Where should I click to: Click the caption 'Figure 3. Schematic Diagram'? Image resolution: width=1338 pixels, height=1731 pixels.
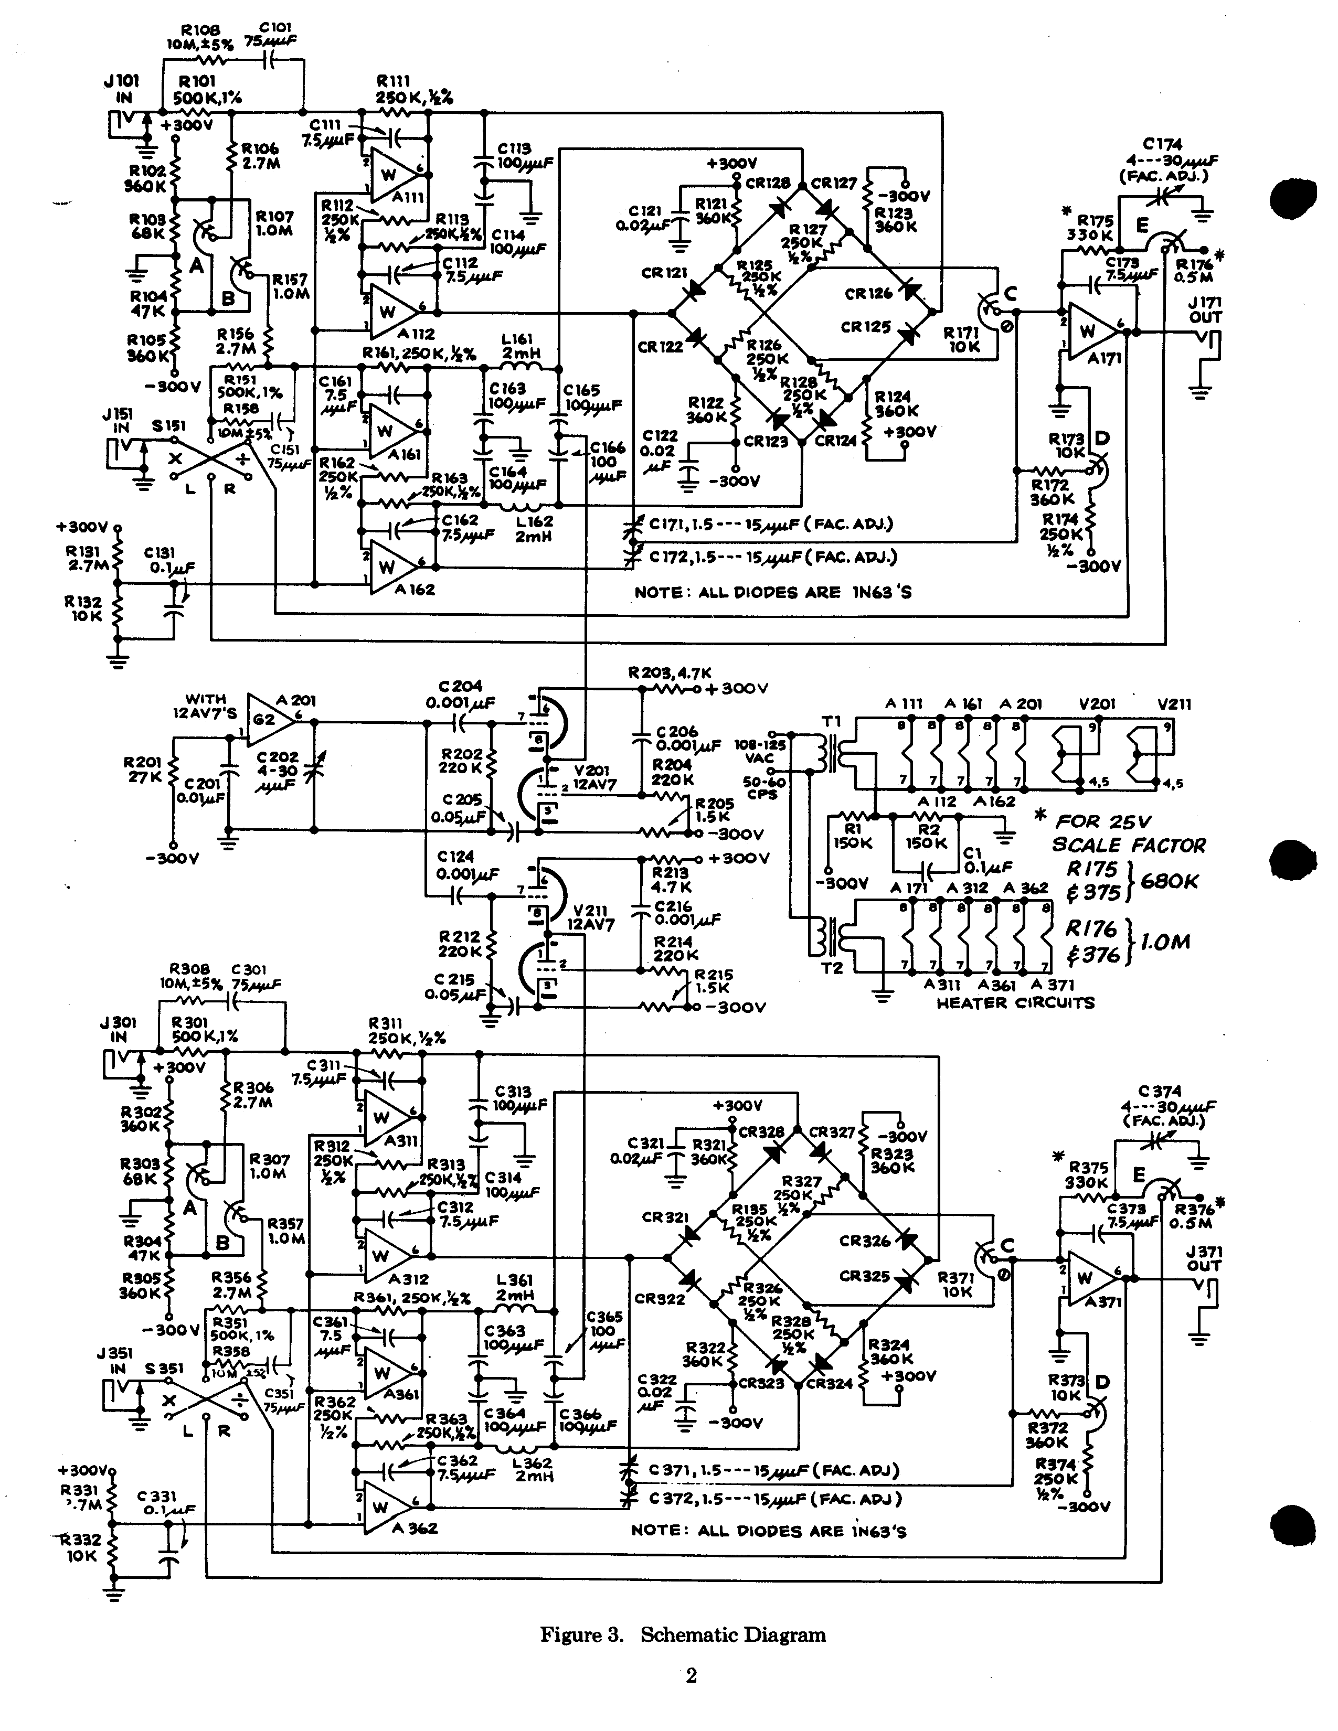683,1634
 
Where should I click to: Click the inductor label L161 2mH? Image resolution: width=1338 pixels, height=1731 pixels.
522,346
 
